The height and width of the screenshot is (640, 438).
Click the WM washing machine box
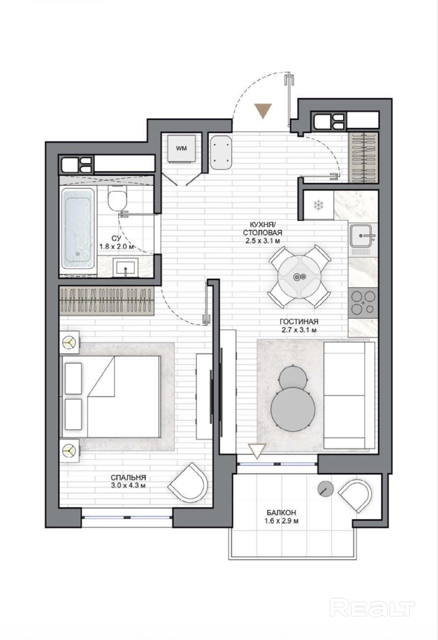[181, 148]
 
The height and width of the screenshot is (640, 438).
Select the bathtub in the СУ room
[78, 228]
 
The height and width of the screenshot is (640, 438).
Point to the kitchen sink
[363, 236]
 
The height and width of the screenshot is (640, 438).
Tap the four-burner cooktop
[363, 301]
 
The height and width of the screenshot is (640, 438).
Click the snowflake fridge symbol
[318, 205]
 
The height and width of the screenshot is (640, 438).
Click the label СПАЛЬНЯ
[128, 477]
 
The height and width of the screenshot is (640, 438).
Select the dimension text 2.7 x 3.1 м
[299, 330]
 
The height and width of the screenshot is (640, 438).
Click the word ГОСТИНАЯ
[299, 322]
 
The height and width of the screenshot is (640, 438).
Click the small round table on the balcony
[326, 489]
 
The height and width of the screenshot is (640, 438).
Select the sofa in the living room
[349, 395]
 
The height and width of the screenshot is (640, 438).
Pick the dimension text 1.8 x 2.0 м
[117, 247]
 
